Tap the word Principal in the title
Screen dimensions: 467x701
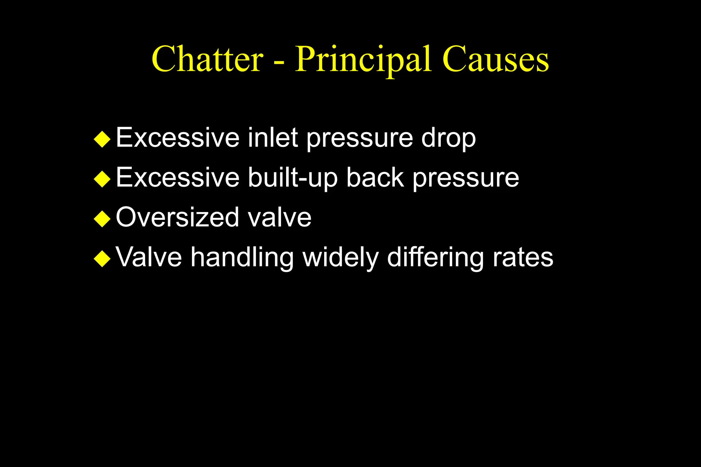(x=363, y=60)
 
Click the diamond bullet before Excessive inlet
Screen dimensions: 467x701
(x=102, y=139)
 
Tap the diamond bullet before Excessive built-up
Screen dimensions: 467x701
(x=102, y=179)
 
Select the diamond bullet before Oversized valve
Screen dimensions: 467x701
(x=102, y=219)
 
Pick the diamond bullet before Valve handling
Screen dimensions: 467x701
(x=102, y=258)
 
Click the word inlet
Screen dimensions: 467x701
(x=273, y=138)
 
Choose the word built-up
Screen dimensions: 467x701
(x=292, y=178)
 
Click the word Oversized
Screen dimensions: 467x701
(x=177, y=217)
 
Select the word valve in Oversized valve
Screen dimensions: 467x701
(x=280, y=218)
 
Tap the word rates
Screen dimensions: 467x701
(x=523, y=257)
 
